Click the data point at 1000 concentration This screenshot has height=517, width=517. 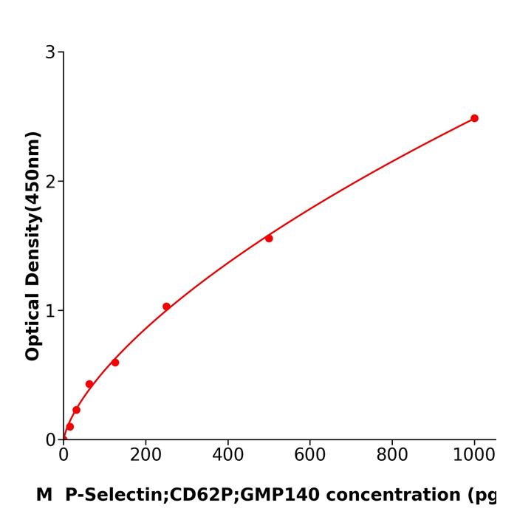click(474, 118)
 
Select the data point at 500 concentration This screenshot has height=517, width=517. click(269, 239)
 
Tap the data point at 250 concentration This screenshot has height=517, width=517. click(166, 307)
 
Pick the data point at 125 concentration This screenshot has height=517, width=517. click(115, 363)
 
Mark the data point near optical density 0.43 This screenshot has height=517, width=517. click(89, 384)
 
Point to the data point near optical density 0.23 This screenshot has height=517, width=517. click(76, 410)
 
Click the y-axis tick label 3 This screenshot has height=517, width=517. click(50, 52)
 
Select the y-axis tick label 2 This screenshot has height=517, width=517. click(50, 182)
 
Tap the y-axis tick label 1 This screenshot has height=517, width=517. click(50, 311)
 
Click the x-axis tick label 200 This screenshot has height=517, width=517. click(145, 455)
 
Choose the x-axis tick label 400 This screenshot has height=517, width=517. click(227, 455)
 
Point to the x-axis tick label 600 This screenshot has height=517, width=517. click(309, 455)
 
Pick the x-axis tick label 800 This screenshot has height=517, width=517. click(391, 455)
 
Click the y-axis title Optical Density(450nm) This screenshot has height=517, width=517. click(32, 246)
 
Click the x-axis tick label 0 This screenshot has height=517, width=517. click(64, 455)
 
